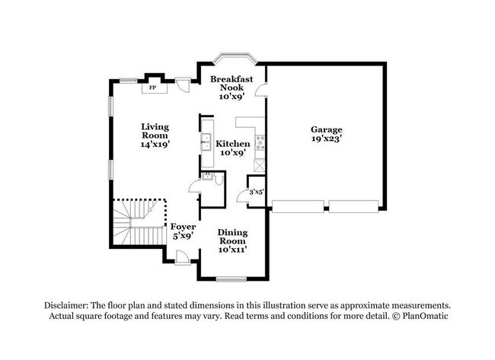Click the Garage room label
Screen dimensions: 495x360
[327, 129]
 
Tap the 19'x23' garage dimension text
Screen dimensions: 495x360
[327, 139]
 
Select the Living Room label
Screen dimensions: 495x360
[155, 131]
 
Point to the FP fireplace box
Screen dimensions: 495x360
[154, 88]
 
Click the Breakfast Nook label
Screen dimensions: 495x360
[232, 83]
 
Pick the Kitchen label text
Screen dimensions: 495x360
[233, 144]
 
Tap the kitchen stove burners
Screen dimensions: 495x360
[260, 142]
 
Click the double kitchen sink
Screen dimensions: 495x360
[206, 142]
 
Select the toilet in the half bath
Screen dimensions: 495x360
[219, 179]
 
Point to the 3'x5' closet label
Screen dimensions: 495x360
[257, 192]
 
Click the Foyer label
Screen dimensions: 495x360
[183, 227]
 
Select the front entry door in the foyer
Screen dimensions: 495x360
[183, 257]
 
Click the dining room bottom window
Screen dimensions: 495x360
[232, 279]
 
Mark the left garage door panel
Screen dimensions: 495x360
[298, 206]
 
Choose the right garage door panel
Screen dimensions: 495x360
[353, 206]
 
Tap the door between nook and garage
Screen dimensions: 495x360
[261, 89]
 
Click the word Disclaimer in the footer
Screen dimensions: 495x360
[65, 305]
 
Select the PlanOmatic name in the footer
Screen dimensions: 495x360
[425, 316]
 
